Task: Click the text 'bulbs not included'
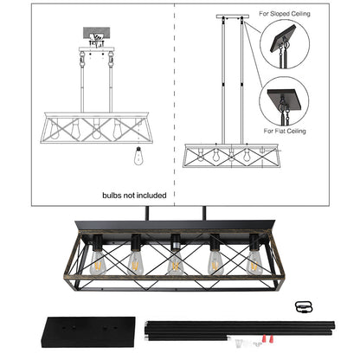coord(134,196)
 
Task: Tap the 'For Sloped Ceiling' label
coord(285,14)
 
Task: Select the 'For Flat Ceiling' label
coord(285,131)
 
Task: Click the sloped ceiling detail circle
coord(285,44)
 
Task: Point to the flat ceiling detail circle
coord(284,101)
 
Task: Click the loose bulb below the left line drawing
coord(138,156)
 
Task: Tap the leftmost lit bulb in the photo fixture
coord(97,262)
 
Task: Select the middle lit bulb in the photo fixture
coord(175,262)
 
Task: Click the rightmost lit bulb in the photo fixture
coord(254,262)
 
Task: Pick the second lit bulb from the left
coord(135,262)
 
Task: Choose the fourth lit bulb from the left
coord(215,262)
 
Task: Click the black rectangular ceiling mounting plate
coord(89,332)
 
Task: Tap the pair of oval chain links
coord(304,307)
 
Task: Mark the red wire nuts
coord(267,337)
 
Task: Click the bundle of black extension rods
coord(239,329)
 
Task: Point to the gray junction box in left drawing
coord(96,34)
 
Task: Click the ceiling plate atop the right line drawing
coord(232,16)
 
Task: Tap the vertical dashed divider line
coord(175,105)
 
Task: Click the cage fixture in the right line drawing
coord(232,156)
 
